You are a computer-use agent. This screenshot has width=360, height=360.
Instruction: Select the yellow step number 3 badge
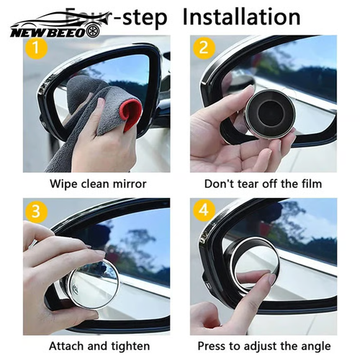click(32, 212)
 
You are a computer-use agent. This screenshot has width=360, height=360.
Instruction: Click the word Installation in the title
click(240, 16)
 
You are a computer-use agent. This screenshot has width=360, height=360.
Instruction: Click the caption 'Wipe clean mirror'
click(98, 184)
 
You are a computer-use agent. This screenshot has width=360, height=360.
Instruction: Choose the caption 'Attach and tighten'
click(98, 346)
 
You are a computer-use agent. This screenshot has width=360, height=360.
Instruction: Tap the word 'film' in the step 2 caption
click(308, 184)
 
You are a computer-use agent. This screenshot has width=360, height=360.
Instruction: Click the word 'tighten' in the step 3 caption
click(127, 346)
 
